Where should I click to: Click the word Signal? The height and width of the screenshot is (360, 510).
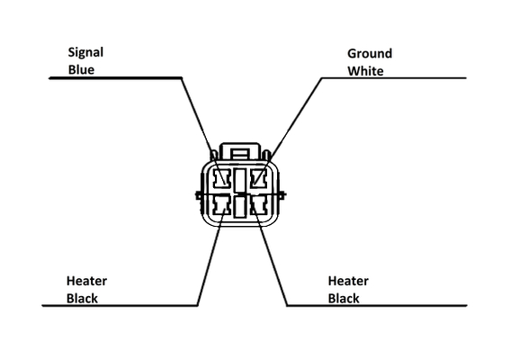[x=85, y=53]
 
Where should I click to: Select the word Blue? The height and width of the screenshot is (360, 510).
[x=81, y=69]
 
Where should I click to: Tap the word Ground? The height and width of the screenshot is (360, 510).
[x=370, y=53]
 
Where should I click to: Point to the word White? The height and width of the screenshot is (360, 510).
[x=365, y=71]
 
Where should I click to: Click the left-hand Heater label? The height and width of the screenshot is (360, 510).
[x=86, y=281]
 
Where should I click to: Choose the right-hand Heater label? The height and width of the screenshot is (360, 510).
[x=348, y=281]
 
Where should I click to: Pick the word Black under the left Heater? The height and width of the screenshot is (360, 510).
[x=82, y=299]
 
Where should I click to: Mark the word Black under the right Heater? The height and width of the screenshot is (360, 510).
[x=344, y=299]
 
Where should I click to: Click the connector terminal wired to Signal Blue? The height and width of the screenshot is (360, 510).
[x=221, y=179]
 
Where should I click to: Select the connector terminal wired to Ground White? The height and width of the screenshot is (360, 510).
[x=258, y=179]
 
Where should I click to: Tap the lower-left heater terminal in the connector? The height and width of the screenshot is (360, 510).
[x=221, y=206]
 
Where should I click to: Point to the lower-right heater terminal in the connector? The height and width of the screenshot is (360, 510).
[x=259, y=206]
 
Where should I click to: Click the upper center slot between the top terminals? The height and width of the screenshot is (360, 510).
[x=240, y=180]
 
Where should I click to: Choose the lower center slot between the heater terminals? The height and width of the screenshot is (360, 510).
[x=240, y=207]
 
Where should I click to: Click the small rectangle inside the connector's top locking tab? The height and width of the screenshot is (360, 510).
[x=240, y=153]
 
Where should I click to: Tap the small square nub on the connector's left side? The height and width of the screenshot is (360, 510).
[x=197, y=195]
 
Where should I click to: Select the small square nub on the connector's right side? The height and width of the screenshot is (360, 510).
[x=283, y=195]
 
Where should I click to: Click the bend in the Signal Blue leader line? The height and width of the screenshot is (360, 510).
[x=182, y=78]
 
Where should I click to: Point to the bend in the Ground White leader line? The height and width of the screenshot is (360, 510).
[x=321, y=78]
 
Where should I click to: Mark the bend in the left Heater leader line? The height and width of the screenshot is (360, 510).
[x=198, y=305]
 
